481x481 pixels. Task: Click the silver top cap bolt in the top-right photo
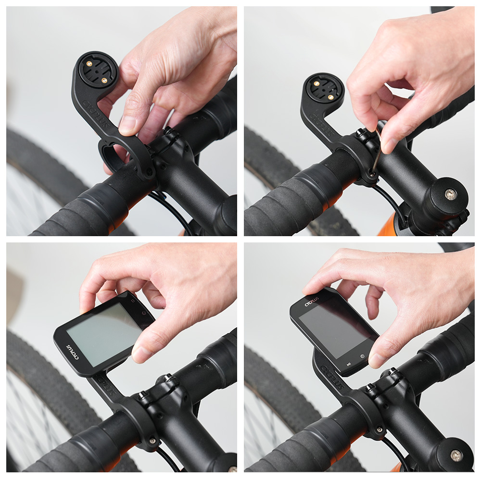coord(450,194)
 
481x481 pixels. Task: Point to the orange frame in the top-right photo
coord(388,226)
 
